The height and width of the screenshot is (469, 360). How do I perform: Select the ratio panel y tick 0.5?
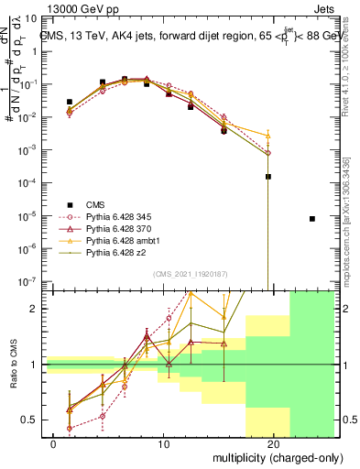[30, 420]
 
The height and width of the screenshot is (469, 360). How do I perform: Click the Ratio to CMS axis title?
[12, 365]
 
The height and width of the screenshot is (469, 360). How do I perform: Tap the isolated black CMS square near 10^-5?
[312, 219]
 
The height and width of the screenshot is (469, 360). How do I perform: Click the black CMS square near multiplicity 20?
[268, 177]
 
